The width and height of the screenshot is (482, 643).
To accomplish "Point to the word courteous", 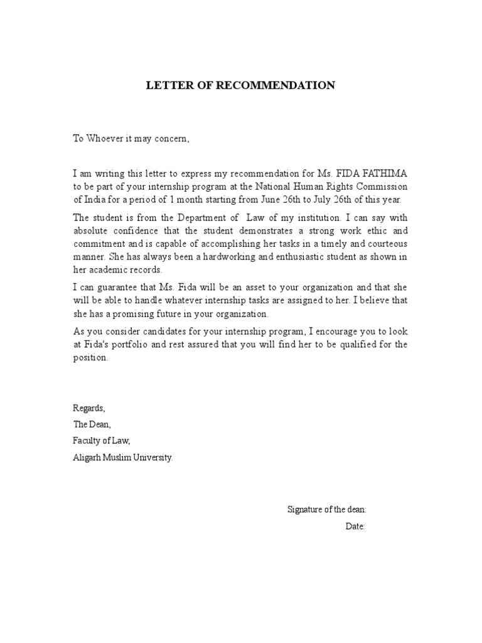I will tap(385, 244).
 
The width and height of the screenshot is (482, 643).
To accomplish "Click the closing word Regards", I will tap(89, 409).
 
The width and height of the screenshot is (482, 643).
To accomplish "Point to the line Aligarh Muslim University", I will tap(122, 458).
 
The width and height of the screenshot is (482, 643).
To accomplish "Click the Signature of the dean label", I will tap(327, 509).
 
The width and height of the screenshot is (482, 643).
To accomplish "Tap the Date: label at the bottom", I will tap(355, 526).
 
